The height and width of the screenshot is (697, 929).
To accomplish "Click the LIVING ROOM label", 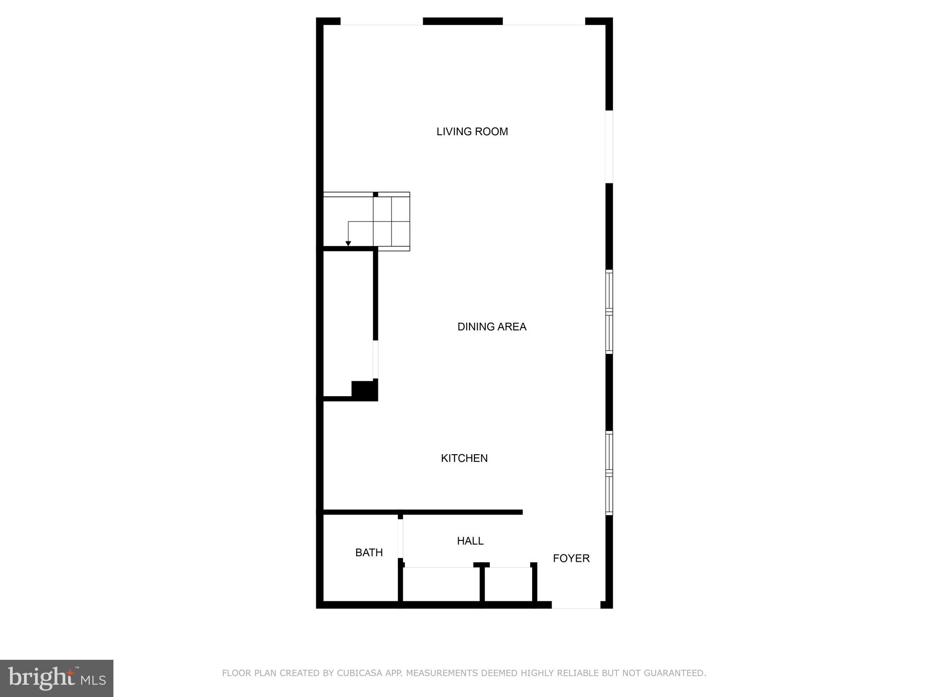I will point(472,132).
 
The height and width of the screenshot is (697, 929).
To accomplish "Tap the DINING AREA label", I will point(492,327).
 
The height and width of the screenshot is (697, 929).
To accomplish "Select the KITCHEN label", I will point(464,458).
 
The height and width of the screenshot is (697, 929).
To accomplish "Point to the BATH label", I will point(369,553).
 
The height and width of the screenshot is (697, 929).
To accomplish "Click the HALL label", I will point(470,541).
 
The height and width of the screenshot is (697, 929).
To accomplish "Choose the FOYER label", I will point(571,559).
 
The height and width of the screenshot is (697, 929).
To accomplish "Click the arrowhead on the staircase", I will point(348,244).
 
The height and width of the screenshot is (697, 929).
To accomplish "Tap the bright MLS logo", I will point(57,678).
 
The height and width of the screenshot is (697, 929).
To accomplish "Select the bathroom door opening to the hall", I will point(400,539).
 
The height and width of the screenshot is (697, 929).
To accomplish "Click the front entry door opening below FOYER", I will point(576,605).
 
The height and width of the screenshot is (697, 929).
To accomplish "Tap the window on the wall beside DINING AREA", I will point(609,312).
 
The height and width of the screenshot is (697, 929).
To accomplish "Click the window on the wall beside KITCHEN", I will point(609,473).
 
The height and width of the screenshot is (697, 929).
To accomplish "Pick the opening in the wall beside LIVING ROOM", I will point(609,147).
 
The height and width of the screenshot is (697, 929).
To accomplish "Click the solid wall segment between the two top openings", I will point(462,21).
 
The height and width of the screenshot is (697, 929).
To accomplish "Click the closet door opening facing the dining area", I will point(375,359).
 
